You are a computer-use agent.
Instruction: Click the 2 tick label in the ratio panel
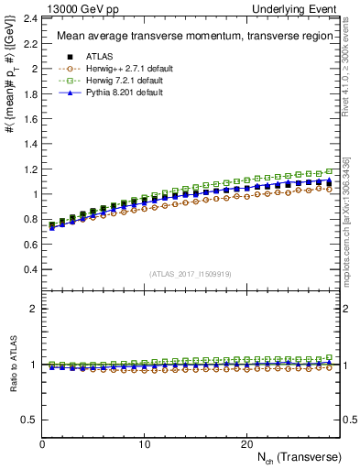(34, 309)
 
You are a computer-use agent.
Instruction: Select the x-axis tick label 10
(144, 444)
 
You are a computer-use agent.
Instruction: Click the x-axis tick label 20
(245, 444)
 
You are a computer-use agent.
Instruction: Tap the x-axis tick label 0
(42, 444)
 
